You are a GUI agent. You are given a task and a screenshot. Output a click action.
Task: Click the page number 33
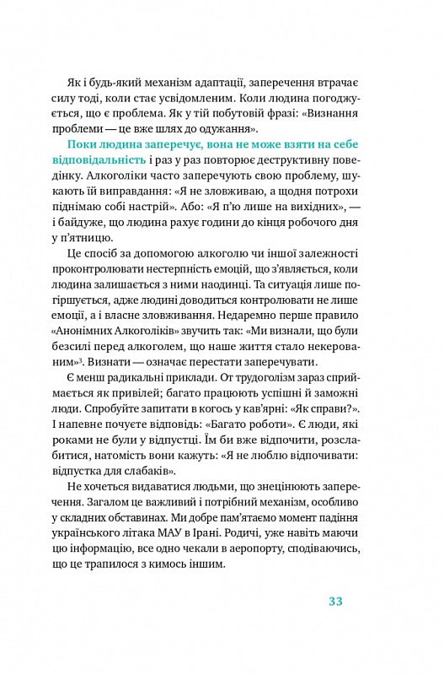334,602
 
